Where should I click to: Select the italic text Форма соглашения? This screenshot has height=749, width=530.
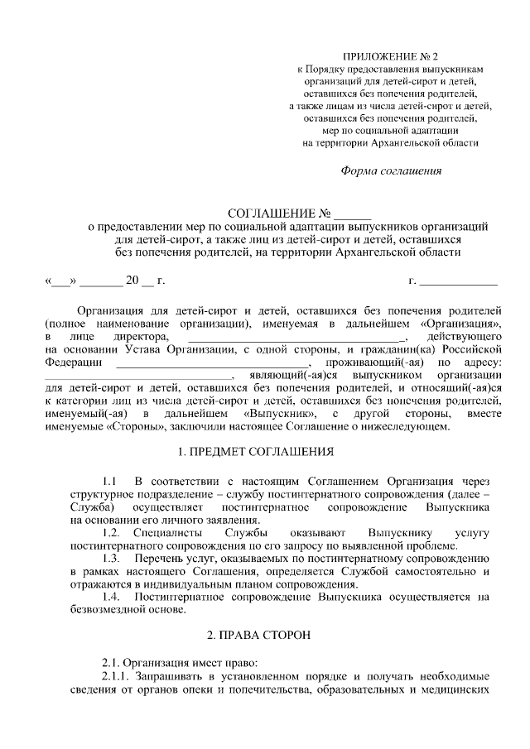pyautogui.click(x=392, y=171)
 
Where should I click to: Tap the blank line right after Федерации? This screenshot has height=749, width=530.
pyautogui.click(x=211, y=364)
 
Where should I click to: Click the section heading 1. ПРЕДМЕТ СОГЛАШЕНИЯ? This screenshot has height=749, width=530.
pyautogui.click(x=257, y=453)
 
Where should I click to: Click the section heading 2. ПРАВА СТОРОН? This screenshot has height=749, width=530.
pyautogui.click(x=258, y=636)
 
